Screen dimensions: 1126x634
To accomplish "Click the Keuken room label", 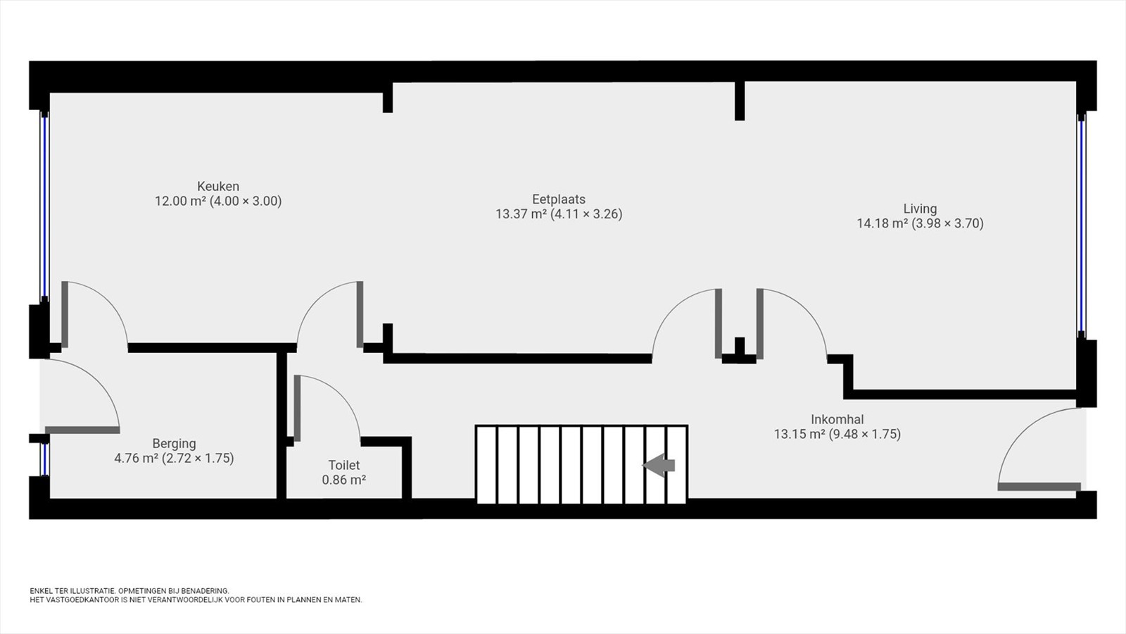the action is coord(218,186).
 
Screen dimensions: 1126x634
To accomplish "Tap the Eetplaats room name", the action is coord(559,199).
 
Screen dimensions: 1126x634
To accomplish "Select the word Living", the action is coord(920,209).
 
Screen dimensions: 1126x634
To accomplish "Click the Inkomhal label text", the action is coord(837,419).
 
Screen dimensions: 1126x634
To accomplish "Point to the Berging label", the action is coord(174,444).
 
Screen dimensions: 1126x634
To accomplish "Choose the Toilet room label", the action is coord(344,465).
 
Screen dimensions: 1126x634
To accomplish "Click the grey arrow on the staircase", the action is coord(659,466).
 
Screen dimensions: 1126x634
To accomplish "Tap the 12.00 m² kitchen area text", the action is coord(180,201).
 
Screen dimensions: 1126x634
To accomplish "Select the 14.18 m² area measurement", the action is coord(883,223).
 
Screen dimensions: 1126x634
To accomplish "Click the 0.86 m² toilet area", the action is coord(344,480).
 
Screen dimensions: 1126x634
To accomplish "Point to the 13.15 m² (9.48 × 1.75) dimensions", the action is coord(837,434).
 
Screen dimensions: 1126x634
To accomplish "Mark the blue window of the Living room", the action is coord(1081,225).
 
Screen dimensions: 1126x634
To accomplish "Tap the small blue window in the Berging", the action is coord(45,459).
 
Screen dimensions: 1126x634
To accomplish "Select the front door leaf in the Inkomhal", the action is coord(1039,487).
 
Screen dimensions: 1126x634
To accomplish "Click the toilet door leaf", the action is coord(297,409).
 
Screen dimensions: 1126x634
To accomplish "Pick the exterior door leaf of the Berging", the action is coord(82,430).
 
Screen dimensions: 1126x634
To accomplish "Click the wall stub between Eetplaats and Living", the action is coord(740,101).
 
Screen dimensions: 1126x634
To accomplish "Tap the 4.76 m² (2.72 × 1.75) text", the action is coord(174,459).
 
